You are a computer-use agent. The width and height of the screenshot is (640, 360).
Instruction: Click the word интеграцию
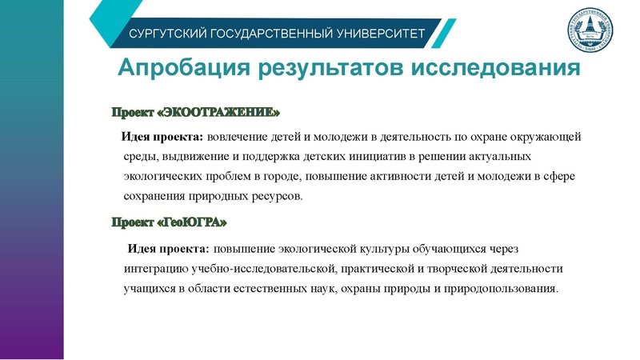pyautogui.click(x=156, y=267)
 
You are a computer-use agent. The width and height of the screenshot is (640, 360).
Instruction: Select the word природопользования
pyautogui.click(x=495, y=287)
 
